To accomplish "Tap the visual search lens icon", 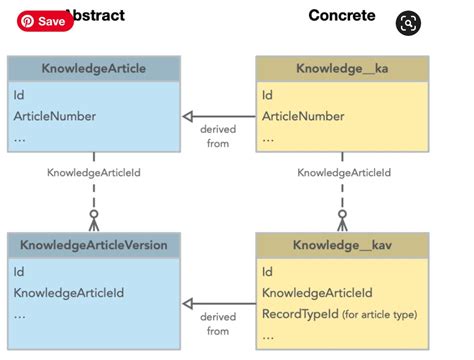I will [408, 24].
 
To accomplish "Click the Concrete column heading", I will [342, 15].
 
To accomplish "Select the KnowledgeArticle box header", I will [94, 69].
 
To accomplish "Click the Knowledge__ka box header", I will [342, 69].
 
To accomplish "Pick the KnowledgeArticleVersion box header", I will [94, 245].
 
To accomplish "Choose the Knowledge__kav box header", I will [342, 245].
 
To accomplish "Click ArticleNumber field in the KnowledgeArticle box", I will [55, 116].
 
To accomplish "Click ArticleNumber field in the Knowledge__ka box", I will [303, 116].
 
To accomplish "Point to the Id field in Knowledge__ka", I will [267, 96].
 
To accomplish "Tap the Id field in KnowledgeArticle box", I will [19, 96].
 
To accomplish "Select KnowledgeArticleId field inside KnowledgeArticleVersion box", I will [69, 293].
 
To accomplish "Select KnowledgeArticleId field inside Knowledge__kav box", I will [317, 293].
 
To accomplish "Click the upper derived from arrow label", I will [217, 136].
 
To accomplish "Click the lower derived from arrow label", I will [217, 323].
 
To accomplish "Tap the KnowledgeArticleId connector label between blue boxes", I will [94, 173].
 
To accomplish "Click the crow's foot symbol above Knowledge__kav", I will [342, 219].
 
